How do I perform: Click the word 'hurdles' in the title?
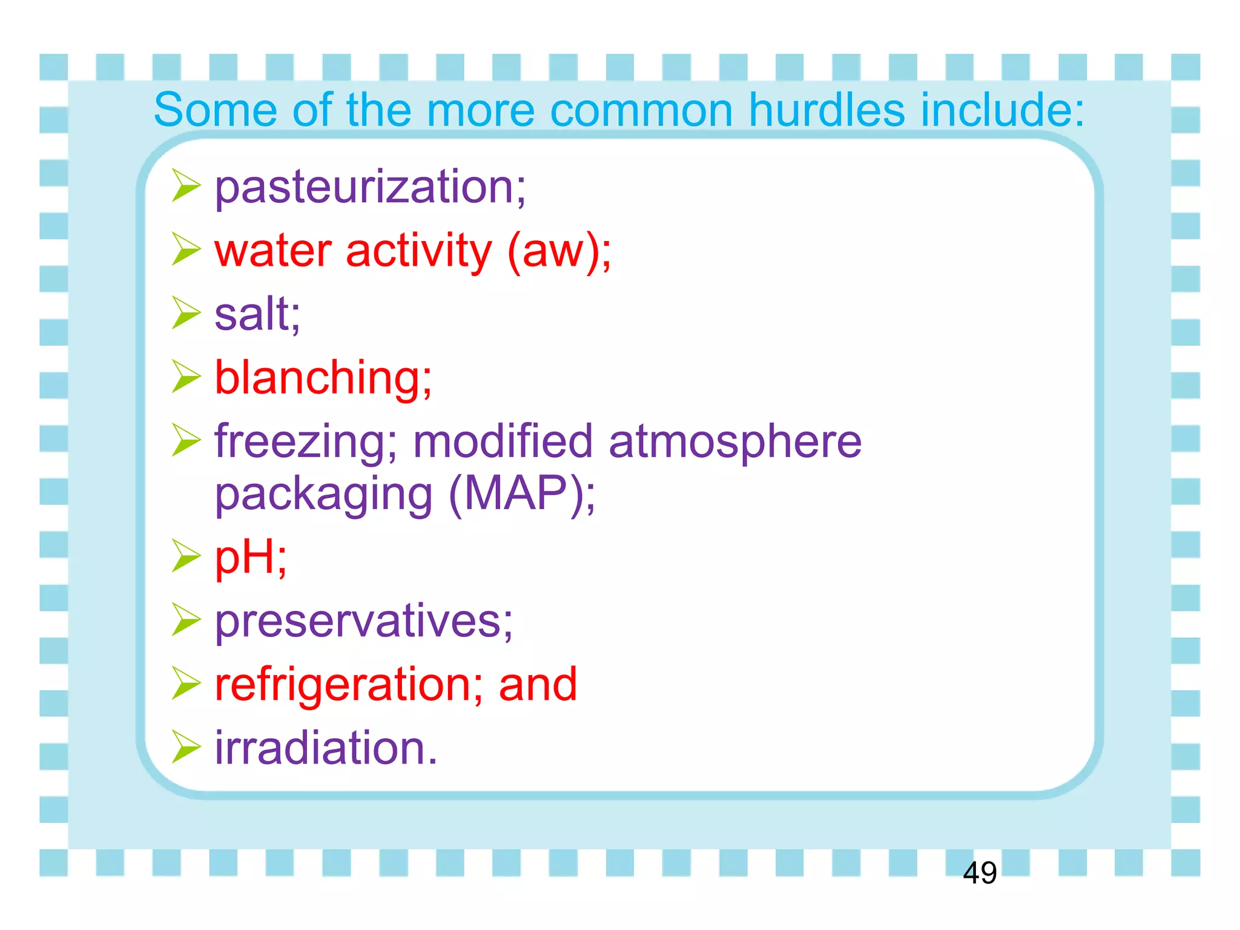(x=826, y=110)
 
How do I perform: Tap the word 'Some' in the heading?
(x=215, y=110)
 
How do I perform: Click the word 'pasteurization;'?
(x=371, y=188)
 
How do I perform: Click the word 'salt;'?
(x=257, y=314)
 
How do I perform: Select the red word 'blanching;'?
(x=323, y=378)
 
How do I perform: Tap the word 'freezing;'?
(x=306, y=442)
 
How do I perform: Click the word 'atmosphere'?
(x=735, y=442)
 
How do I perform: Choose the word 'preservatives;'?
(x=364, y=622)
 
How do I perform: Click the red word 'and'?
(x=538, y=685)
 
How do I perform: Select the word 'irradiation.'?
(x=326, y=748)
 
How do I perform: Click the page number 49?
(x=979, y=873)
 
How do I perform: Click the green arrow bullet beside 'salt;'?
(x=185, y=313)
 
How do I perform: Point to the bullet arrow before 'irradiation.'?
(x=185, y=747)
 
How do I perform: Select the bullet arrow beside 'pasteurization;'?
(x=185, y=185)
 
